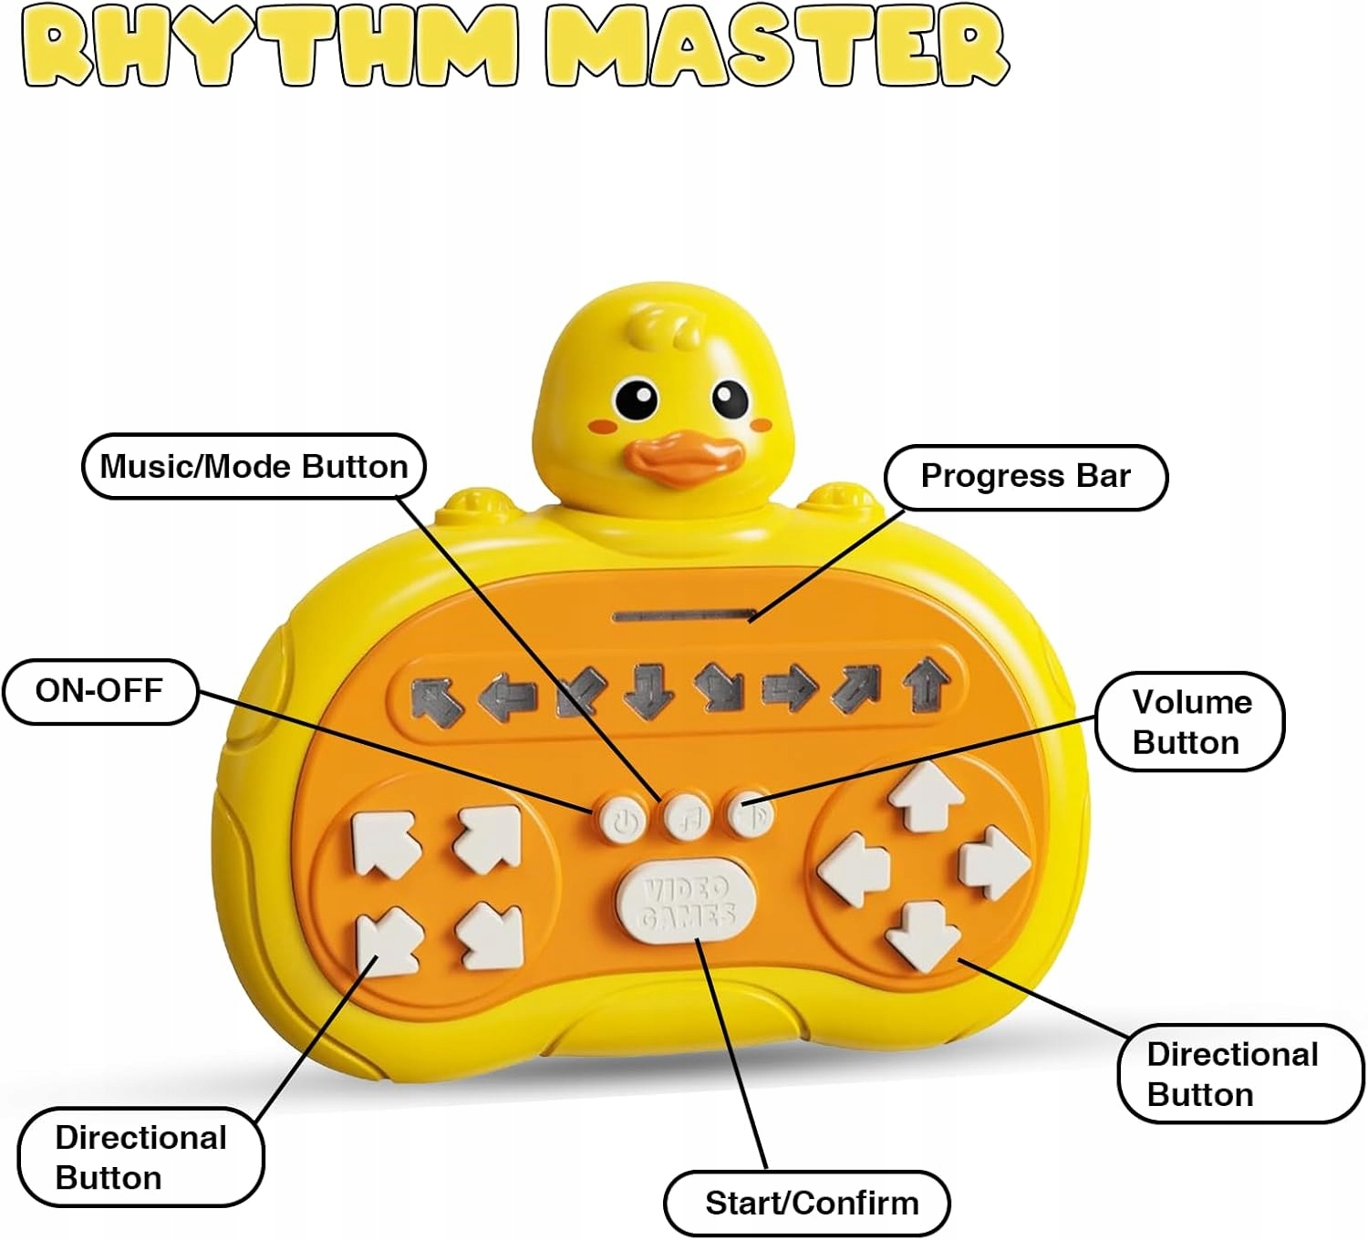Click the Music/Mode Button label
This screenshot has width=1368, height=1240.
point(254,467)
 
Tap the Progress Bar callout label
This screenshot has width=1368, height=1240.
point(1026,477)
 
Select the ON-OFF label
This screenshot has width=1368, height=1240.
point(99,691)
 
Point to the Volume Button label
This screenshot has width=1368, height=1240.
point(1191,722)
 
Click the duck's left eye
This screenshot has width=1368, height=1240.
point(637,399)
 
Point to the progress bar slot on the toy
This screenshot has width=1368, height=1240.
point(685,616)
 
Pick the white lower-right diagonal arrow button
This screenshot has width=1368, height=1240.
point(490,937)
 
